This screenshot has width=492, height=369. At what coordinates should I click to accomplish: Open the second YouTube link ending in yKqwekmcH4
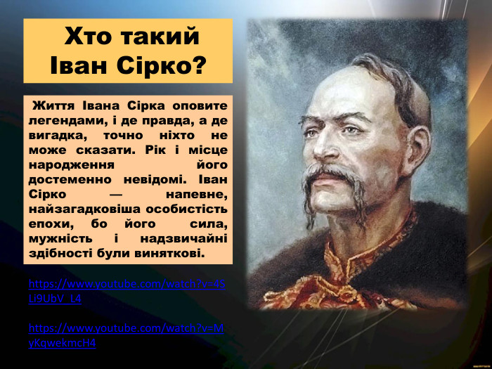tap(127, 335)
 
